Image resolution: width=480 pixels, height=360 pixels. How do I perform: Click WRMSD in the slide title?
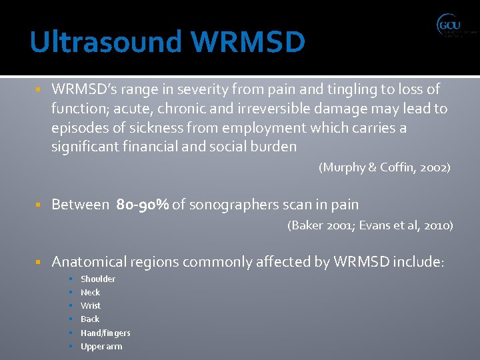(247, 42)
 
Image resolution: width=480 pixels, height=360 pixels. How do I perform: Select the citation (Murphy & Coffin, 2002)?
(385, 168)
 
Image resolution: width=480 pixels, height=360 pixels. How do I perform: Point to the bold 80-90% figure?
(142, 205)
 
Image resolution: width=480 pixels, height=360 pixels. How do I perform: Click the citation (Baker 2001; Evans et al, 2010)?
(370, 225)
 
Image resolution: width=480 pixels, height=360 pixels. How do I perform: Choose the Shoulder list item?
(98, 279)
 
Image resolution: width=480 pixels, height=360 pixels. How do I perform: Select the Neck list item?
(90, 292)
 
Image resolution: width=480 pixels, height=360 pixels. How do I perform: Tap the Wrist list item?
(91, 305)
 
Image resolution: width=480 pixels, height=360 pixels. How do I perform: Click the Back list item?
(90, 319)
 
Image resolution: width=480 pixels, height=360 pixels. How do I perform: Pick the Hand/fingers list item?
(105, 333)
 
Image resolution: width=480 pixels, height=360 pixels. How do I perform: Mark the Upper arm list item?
(101, 346)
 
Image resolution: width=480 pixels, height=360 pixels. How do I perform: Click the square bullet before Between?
(39, 205)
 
